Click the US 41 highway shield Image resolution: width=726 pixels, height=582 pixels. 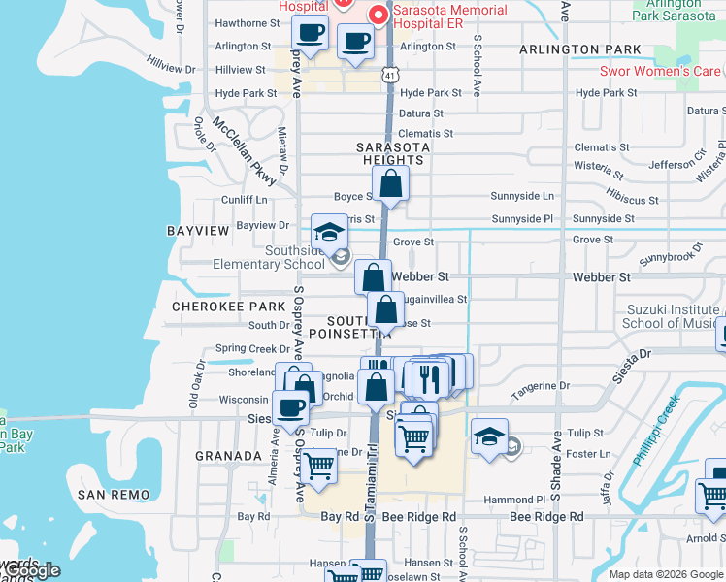[389, 74]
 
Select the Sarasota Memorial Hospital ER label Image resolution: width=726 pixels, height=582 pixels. [449, 17]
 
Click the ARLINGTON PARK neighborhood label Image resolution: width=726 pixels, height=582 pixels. [579, 49]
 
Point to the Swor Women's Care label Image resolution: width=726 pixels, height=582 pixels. [661, 71]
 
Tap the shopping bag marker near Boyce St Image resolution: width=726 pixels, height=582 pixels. [389, 183]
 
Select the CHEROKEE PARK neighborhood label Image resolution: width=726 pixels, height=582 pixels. [228, 306]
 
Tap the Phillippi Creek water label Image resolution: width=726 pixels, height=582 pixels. [652, 427]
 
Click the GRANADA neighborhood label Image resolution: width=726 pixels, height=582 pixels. [228, 455]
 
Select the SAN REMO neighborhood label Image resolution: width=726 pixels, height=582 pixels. [115, 495]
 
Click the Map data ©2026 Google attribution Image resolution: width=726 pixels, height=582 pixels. [665, 574]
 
